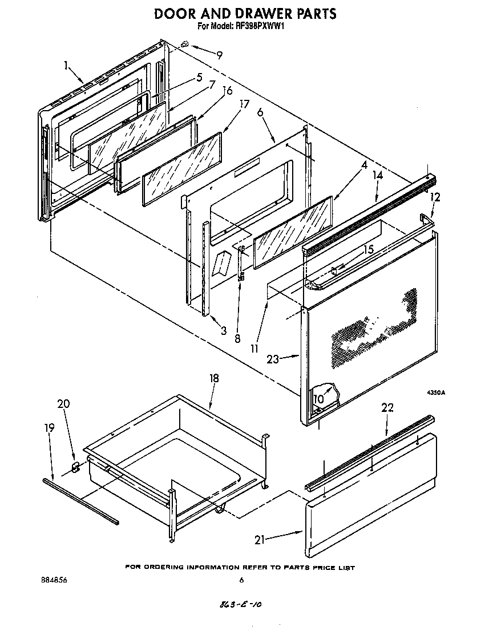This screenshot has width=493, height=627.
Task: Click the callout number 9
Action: coord(219,55)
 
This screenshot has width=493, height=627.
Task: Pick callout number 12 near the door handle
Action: coord(436,197)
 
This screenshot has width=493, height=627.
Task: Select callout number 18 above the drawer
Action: coord(214,378)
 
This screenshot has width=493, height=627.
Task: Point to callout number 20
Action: coord(63,403)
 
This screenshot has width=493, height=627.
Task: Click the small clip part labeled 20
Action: coord(75,467)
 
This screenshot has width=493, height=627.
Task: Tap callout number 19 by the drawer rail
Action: coord(50,427)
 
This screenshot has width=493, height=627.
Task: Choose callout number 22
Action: coord(387,407)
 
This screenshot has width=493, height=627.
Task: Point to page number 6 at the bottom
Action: coord(241,580)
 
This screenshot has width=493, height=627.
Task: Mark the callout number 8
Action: coord(237,338)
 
